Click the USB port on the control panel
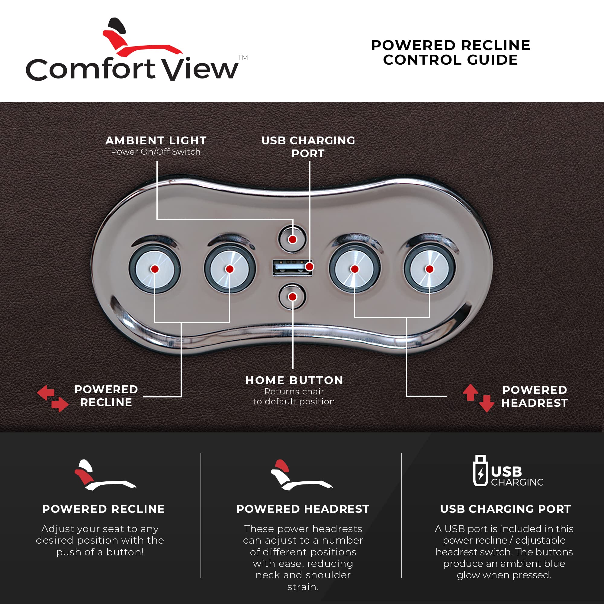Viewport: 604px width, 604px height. tap(292, 267)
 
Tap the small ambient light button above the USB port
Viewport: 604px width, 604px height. tap(292, 239)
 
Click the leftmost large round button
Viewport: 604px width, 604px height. tap(155, 269)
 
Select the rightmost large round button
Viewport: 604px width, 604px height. tap(429, 269)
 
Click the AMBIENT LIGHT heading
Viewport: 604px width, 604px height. tap(156, 141)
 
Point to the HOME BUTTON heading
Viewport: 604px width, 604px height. tap(294, 380)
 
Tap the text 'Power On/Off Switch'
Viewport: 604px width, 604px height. tap(156, 152)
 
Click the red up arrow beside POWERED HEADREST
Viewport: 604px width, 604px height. tap(470, 392)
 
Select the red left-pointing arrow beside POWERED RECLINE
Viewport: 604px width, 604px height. tap(46, 393)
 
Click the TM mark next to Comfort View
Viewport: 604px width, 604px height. tap(243, 57)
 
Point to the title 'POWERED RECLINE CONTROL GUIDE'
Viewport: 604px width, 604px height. tap(451, 53)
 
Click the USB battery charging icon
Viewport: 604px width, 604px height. tap(480, 471)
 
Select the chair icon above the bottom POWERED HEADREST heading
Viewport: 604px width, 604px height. tap(301, 475)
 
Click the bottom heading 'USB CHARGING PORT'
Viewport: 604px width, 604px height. tap(505, 509)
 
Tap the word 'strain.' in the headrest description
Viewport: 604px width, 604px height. tap(303, 587)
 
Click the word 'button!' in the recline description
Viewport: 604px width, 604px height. tap(125, 552)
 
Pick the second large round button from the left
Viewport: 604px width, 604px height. tap(230, 269)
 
